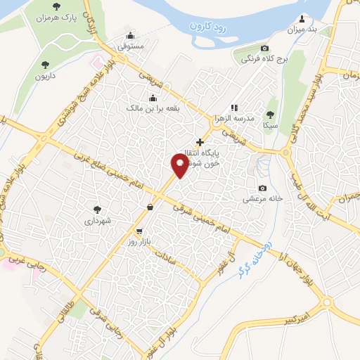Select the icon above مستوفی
(130, 37)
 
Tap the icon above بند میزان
(303, 18)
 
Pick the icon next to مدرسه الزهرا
(234, 108)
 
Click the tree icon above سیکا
(271, 114)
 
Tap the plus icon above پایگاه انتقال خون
(200, 141)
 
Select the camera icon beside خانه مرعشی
(262, 188)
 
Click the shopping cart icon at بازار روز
(139, 231)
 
